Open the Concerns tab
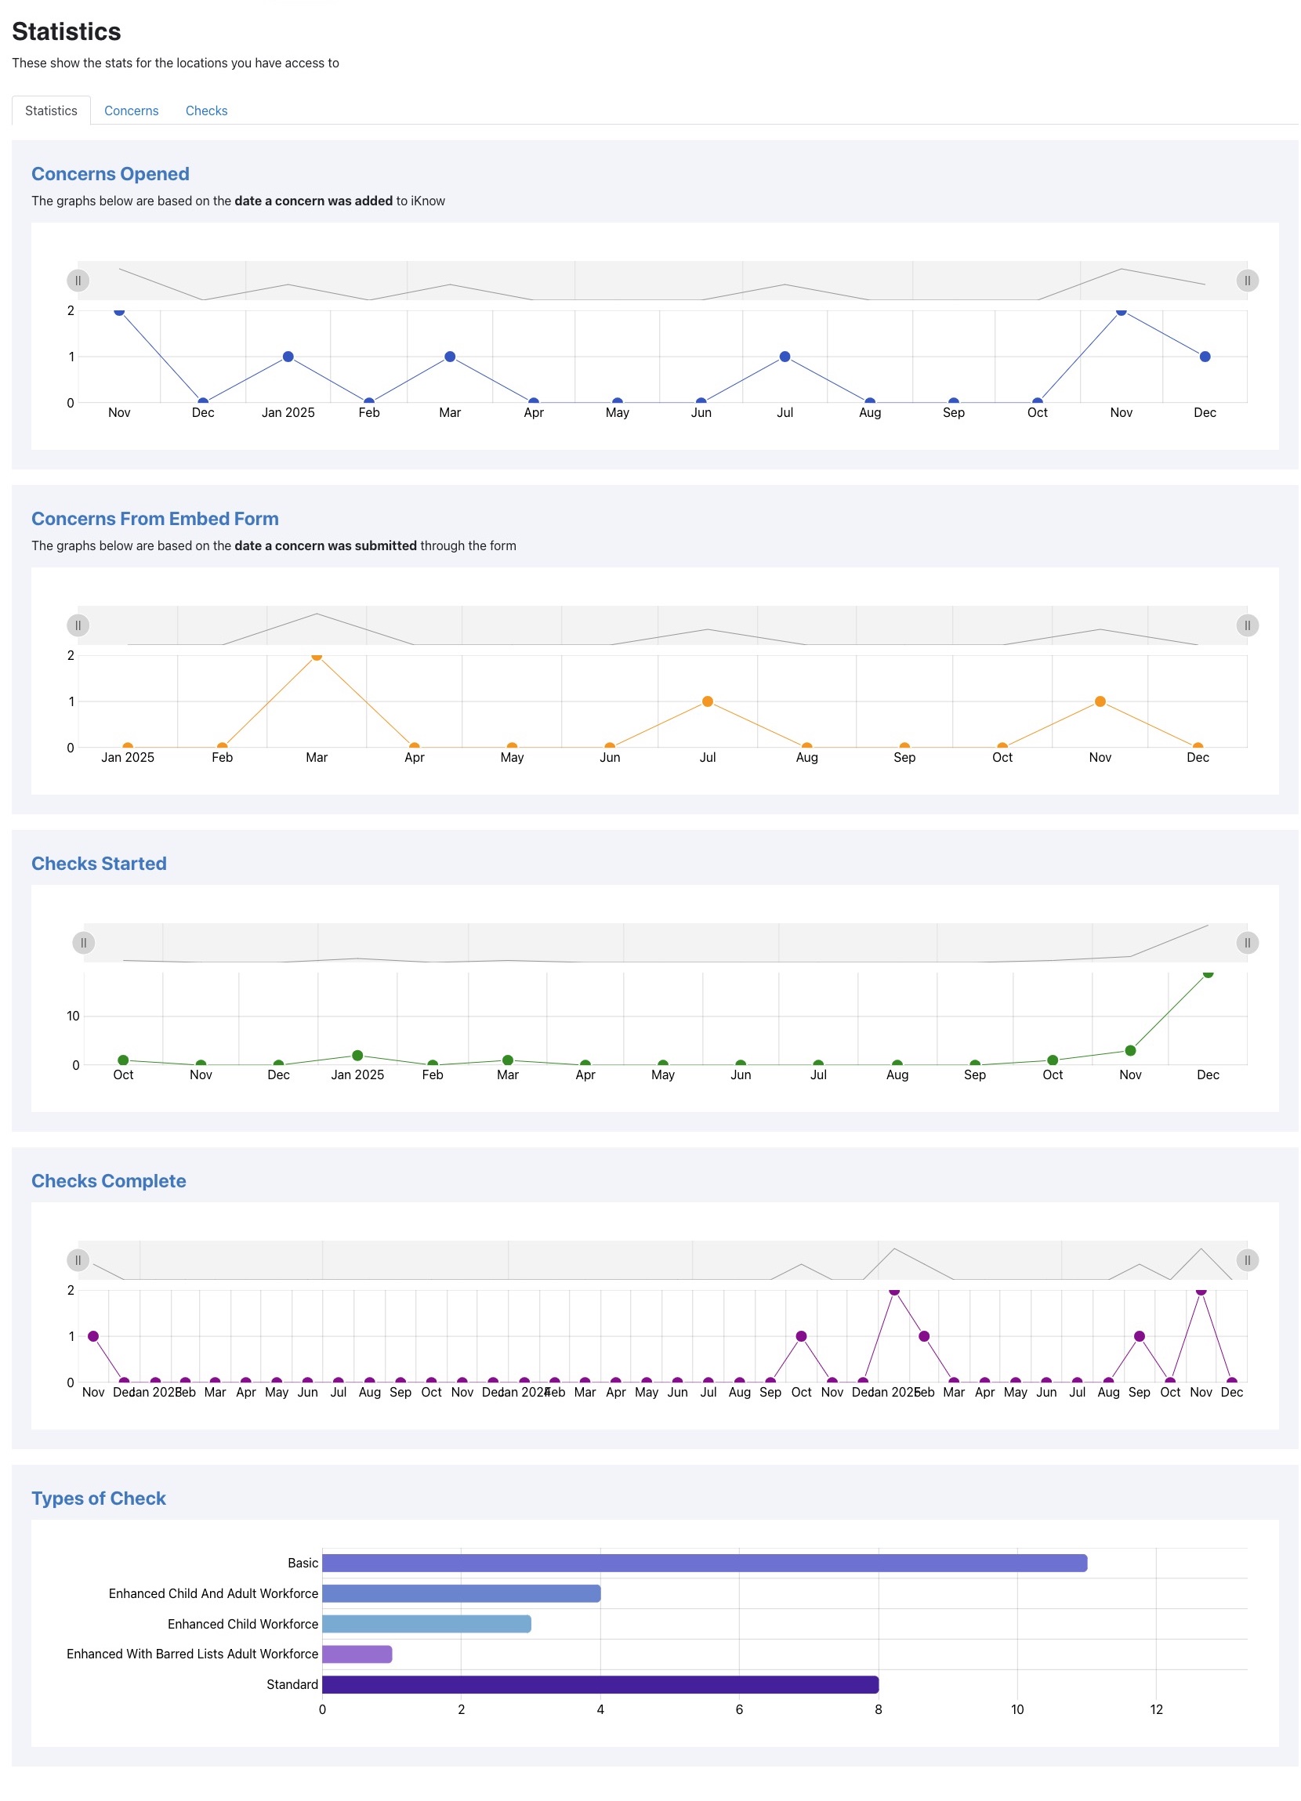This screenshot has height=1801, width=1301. point(131,111)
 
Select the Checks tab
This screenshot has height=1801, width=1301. point(205,111)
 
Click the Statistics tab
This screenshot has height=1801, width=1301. point(51,111)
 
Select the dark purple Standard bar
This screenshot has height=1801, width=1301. point(600,1683)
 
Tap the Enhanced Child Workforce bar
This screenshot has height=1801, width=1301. point(426,1623)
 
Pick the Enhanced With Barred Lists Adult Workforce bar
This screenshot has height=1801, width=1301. point(357,1654)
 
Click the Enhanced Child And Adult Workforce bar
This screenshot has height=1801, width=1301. point(461,1593)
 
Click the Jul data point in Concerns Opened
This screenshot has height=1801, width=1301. point(784,357)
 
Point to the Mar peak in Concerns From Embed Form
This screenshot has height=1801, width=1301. point(316,655)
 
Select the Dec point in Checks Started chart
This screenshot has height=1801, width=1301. point(1207,973)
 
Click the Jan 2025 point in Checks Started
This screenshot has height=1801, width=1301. point(357,1055)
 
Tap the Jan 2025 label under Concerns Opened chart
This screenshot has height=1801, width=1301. point(288,412)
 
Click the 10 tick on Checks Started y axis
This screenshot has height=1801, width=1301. point(73,1016)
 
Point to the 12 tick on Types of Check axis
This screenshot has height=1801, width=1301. point(1156,1709)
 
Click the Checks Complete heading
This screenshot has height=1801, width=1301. point(109,1180)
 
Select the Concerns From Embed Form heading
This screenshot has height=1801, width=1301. point(155,519)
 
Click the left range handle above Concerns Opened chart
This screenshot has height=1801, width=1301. point(78,281)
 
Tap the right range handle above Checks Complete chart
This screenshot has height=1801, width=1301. point(1247,1259)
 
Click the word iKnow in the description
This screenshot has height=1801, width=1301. point(427,201)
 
